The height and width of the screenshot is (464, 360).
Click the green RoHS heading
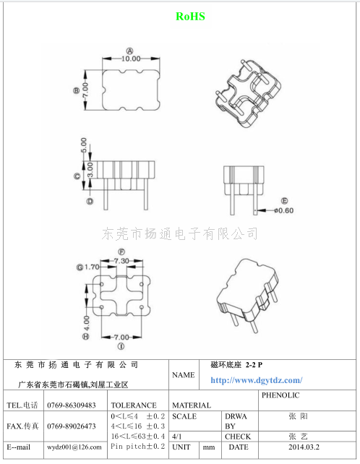point(190,17)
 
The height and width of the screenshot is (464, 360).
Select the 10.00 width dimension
point(131,59)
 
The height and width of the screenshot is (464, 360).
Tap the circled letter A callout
point(130,51)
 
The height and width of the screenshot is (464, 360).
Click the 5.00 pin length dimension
point(84,145)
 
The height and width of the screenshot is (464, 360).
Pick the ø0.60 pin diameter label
point(283,210)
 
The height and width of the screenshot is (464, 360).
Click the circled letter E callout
point(284,201)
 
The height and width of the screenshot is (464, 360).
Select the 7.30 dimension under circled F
point(121,261)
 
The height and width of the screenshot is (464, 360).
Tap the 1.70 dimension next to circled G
point(92,267)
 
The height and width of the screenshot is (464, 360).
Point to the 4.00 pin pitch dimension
point(86,323)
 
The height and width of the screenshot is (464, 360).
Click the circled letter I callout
point(121,346)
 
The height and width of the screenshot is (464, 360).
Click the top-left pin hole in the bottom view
point(101,284)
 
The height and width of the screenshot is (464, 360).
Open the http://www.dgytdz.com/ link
point(257,380)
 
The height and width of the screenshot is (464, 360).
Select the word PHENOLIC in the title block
point(280,395)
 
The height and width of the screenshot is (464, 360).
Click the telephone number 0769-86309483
point(72,405)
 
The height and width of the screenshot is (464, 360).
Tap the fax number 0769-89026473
point(72,426)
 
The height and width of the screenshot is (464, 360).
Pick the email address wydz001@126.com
point(74,447)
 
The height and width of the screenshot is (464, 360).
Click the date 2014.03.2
point(304,447)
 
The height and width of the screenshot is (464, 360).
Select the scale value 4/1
point(177,437)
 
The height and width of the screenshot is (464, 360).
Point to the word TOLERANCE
point(134,405)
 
